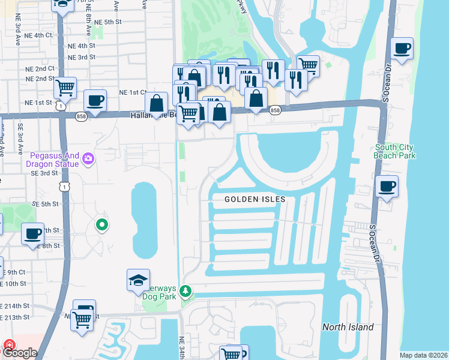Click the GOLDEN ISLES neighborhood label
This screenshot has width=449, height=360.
(255, 199)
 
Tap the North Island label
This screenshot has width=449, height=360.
(348, 327)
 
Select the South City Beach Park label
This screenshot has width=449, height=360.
(395, 151)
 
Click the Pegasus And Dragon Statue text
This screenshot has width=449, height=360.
(52, 159)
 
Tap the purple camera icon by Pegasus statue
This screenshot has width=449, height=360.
(89, 158)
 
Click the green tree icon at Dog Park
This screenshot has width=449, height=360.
(186, 291)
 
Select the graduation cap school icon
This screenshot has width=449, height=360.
(138, 279)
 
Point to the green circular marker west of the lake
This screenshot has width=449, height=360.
(102, 226)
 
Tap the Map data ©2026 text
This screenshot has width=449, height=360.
(423, 355)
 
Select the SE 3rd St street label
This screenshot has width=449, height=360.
(43, 173)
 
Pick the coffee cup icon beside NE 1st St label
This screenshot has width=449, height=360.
(94, 100)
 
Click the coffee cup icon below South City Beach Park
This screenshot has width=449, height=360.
(387, 187)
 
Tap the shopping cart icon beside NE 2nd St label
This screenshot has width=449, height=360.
(65, 88)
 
